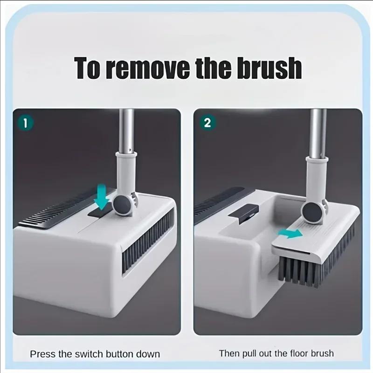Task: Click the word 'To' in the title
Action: [x=88, y=69]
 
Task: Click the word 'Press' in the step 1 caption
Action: [x=42, y=353]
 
